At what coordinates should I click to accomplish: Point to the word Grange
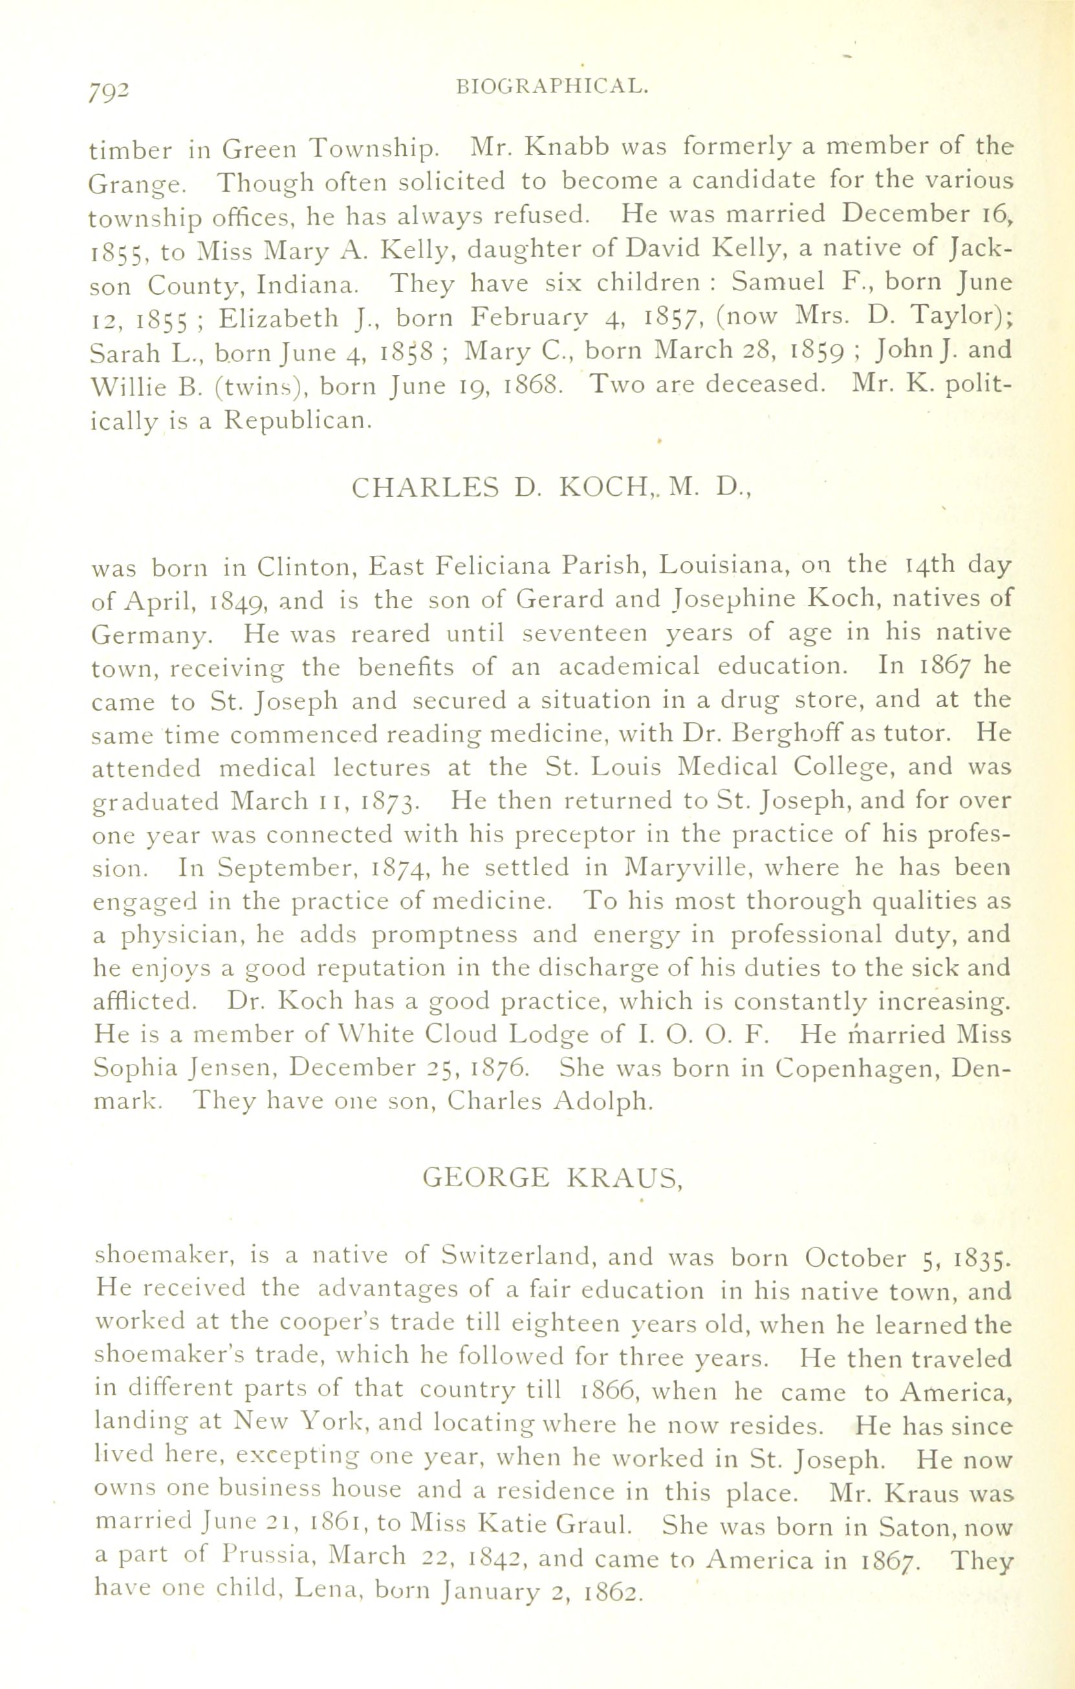[x=137, y=184]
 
